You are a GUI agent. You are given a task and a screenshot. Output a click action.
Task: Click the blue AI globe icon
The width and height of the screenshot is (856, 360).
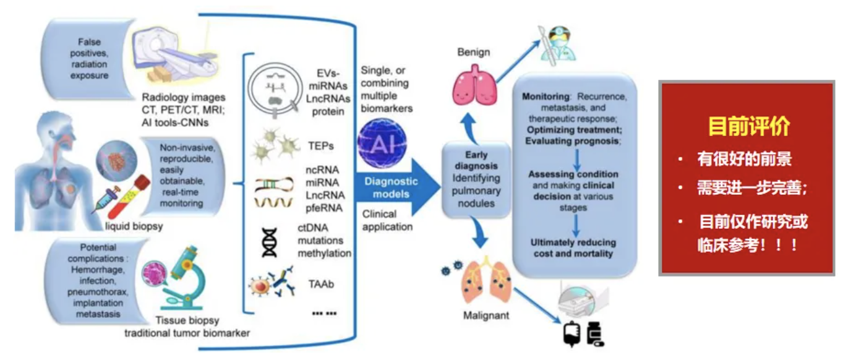point(382,144)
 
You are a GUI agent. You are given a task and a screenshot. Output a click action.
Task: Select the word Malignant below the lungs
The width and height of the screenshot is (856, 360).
point(486,316)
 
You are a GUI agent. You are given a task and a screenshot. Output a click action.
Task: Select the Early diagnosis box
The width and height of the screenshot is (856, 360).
point(476,178)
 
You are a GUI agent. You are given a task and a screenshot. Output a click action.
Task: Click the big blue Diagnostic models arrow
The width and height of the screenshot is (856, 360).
point(396,188)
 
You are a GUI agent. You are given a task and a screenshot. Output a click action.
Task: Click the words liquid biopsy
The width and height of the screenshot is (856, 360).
point(134,226)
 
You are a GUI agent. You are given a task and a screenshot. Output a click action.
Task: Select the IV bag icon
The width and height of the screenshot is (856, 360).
point(571,335)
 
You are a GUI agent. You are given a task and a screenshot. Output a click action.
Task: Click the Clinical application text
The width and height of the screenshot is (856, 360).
point(387,221)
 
